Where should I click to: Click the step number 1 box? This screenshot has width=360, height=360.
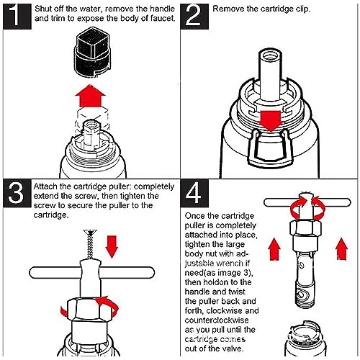click(17, 17)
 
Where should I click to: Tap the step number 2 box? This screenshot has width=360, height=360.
click(194, 17)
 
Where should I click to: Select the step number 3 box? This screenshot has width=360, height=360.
click(17, 194)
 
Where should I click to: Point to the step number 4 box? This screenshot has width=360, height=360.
click(194, 194)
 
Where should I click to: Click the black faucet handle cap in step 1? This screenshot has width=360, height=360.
click(92, 53)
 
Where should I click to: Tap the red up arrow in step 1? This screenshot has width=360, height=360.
click(90, 96)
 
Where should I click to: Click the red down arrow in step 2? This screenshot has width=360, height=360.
click(271, 121)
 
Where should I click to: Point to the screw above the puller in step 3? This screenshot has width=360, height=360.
click(90, 244)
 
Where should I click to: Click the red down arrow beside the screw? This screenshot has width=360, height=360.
click(112, 247)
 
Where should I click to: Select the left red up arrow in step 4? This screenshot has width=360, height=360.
click(274, 249)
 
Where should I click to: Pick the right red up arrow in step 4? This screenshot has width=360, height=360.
click(341, 249)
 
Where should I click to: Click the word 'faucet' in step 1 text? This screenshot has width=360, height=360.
click(162, 18)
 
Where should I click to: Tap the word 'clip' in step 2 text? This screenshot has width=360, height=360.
click(302, 9)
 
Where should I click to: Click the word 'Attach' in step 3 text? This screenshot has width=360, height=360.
click(45, 186)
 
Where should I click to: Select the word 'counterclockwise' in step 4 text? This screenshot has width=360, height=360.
click(217, 320)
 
